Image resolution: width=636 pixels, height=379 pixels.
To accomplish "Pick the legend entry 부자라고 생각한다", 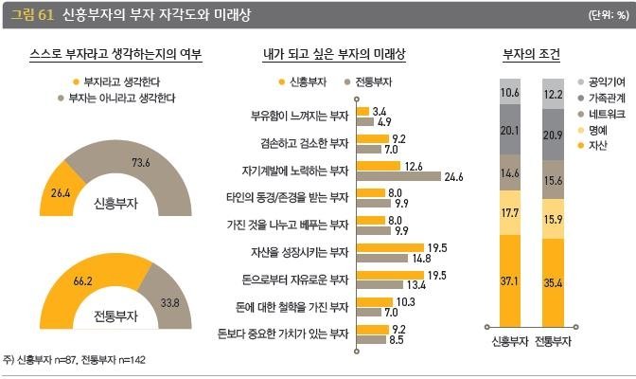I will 122,81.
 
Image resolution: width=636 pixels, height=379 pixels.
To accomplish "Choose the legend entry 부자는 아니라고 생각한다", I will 122,98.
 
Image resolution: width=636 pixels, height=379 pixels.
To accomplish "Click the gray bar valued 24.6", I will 398,176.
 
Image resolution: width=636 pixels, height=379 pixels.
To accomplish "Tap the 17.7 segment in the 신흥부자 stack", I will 511,215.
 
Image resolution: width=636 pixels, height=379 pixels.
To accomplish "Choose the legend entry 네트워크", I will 605,114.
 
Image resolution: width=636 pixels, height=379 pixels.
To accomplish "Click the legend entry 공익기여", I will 605,82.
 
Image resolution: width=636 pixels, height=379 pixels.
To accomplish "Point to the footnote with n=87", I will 75,360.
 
